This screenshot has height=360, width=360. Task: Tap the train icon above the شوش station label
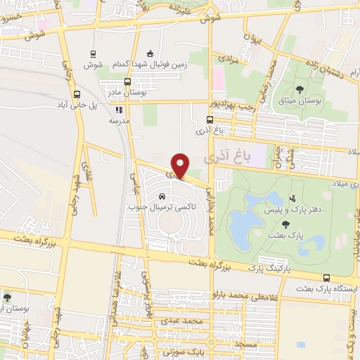93,53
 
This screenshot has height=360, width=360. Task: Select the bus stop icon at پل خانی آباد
77,94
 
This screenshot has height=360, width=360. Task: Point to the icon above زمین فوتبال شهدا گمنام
148,53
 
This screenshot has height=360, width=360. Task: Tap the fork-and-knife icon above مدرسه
119,110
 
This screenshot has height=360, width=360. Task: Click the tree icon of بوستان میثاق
300,89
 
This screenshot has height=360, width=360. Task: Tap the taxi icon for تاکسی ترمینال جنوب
162,196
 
